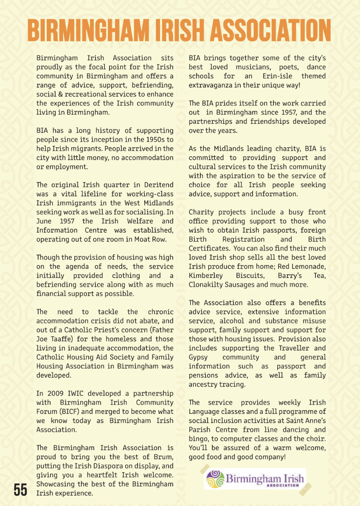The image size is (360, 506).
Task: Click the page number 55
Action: pos(20,489)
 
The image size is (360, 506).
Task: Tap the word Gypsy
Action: pos(199,357)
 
